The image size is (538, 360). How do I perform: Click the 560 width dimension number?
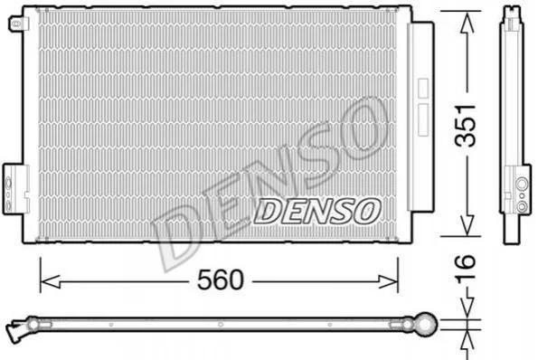pyautogui.click(x=221, y=279)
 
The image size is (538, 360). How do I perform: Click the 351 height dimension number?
pyautogui.click(x=466, y=125)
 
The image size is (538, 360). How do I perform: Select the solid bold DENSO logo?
pyautogui.click(x=317, y=212)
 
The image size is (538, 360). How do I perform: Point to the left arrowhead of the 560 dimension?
pyautogui.click(x=50, y=282)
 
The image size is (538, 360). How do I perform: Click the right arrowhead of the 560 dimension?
pyautogui.click(x=388, y=282)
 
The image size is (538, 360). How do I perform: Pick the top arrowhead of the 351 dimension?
pyautogui.click(x=467, y=24)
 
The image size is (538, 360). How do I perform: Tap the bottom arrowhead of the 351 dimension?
pyautogui.click(x=467, y=225)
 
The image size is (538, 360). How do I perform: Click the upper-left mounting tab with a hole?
pyautogui.click(x=18, y=24)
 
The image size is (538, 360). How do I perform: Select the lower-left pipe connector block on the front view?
pyautogui.click(x=15, y=189)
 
